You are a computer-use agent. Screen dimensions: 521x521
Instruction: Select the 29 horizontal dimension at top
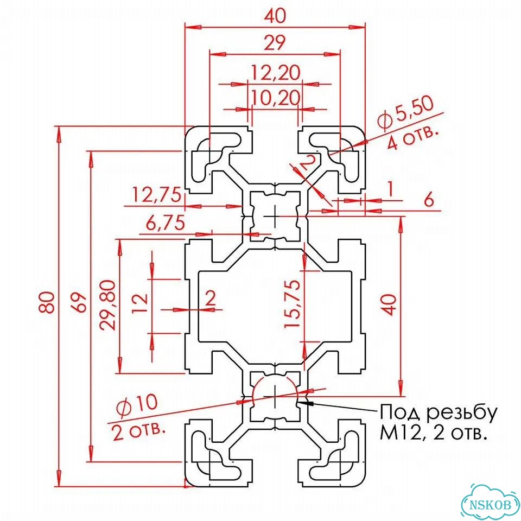(275, 42)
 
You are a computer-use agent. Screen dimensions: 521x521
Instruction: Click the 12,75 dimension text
(157, 195)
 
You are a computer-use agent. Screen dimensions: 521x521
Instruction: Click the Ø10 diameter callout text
(137, 404)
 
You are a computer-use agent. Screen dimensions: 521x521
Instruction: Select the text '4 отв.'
(412, 138)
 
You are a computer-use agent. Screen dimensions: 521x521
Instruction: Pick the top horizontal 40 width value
(276, 16)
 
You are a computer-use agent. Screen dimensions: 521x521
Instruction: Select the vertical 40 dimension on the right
(391, 304)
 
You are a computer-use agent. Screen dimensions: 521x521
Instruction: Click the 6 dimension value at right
(429, 200)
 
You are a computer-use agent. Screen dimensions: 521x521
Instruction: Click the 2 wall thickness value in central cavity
(211, 298)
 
